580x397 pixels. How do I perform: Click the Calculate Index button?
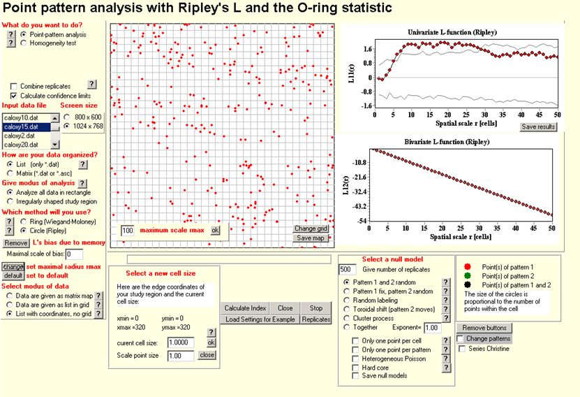point(246,308)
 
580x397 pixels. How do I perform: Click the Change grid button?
point(311,229)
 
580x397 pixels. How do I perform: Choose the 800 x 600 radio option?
point(66,117)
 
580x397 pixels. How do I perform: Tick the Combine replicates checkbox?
point(14,85)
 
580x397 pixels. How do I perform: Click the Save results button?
point(538,127)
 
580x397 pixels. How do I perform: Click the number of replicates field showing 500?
point(347,269)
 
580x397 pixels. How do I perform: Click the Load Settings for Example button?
point(260,319)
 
